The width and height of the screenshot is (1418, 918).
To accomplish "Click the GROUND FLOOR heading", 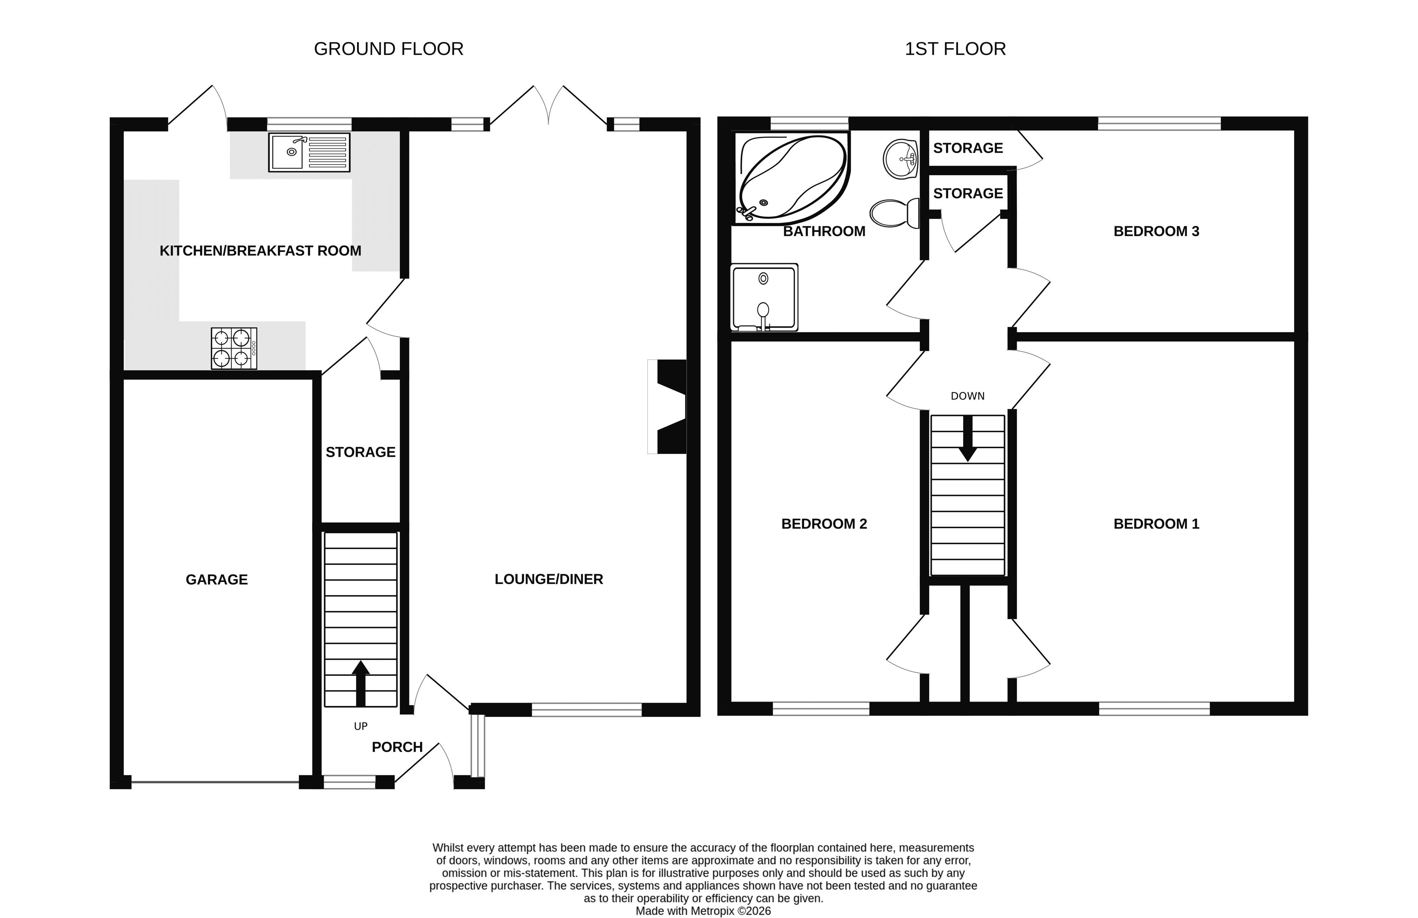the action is click(x=389, y=49).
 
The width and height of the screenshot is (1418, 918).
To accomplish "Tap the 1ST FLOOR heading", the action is click(x=955, y=49).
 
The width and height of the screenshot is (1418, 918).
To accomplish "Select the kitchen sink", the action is click(x=309, y=153).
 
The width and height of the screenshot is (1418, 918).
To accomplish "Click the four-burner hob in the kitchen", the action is click(x=234, y=348).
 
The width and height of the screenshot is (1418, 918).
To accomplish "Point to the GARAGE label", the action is click(x=217, y=580).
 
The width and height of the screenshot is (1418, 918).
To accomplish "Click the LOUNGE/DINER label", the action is click(x=549, y=579).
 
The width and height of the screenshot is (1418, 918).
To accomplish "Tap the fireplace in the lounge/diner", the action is click(x=667, y=406).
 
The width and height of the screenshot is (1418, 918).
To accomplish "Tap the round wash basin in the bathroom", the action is click(x=900, y=159).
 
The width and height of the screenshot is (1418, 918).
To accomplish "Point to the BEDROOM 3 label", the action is click(x=1156, y=231).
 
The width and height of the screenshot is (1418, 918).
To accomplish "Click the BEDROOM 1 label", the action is click(x=1156, y=524).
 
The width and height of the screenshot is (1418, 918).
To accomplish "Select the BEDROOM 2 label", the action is click(x=824, y=524).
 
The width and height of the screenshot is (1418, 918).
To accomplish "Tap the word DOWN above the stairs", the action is click(x=968, y=396).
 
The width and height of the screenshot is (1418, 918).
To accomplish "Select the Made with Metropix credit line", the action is click(x=703, y=911).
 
